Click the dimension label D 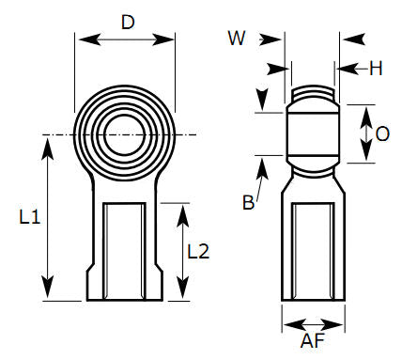pyautogui.click(x=128, y=21)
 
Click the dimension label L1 pyautogui.click(x=29, y=217)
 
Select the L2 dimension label pyautogui.click(x=197, y=251)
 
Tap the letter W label pyautogui.click(x=237, y=38)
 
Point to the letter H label pyautogui.click(x=376, y=68)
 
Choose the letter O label pyautogui.click(x=381, y=133)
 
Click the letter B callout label pyautogui.click(x=248, y=203)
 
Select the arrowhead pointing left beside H pyautogui.click(x=341, y=68)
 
